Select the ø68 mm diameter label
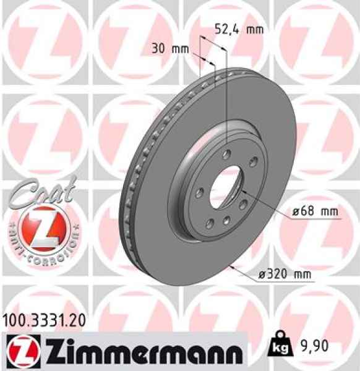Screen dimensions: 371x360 coord(315,211)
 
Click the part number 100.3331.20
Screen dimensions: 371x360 coord(43,320)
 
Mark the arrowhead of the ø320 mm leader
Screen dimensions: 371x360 coord(230,267)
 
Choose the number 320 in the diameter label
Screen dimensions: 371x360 coord(281,273)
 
